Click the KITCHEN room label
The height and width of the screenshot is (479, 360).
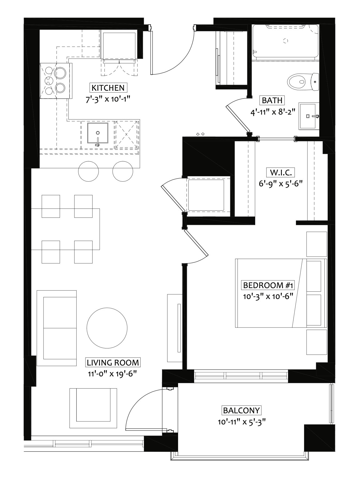108,88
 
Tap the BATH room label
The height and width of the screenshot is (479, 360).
272,100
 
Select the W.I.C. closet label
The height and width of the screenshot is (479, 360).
280,172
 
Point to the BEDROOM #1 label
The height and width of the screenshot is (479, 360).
267,285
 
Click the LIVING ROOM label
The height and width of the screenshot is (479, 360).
113,363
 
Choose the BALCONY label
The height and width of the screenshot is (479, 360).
241,410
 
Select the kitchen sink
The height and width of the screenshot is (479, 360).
97,133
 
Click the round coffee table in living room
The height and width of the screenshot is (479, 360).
107,328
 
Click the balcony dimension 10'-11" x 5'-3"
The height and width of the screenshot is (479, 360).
241,422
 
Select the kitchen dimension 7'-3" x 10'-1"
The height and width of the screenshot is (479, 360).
108,99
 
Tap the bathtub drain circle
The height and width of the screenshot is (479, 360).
285,41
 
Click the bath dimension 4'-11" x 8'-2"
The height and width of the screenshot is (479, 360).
272,112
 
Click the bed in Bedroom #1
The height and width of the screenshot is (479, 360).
281,293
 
